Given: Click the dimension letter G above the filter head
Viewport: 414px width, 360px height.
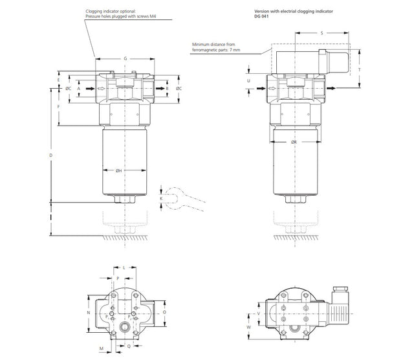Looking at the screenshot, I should coord(125,59).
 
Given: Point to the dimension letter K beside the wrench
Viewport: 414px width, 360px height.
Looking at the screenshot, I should coord(162,198).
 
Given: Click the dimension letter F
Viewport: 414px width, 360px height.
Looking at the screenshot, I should coord(58,106).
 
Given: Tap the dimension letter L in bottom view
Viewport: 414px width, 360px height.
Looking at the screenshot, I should coord(124,267).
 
